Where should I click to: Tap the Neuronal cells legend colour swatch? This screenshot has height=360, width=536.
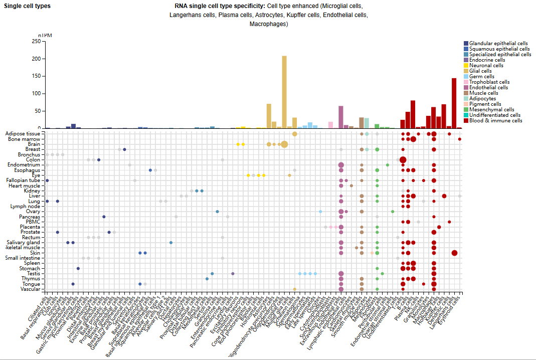click(x=466, y=66)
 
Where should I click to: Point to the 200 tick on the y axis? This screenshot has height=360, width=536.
click(x=35, y=59)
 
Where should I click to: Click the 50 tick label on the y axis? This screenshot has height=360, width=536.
click(x=37, y=111)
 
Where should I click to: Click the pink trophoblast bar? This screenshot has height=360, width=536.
click(x=330, y=125)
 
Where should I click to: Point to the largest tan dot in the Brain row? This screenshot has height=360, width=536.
click(x=284, y=144)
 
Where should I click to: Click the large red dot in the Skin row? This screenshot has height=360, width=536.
click(x=454, y=253)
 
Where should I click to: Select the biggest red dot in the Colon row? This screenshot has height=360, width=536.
click(x=403, y=160)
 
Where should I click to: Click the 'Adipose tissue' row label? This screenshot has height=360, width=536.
click(x=23, y=134)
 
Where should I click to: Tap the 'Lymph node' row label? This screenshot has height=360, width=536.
click(x=26, y=206)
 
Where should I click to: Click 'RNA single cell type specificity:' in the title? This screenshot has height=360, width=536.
click(x=220, y=6)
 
